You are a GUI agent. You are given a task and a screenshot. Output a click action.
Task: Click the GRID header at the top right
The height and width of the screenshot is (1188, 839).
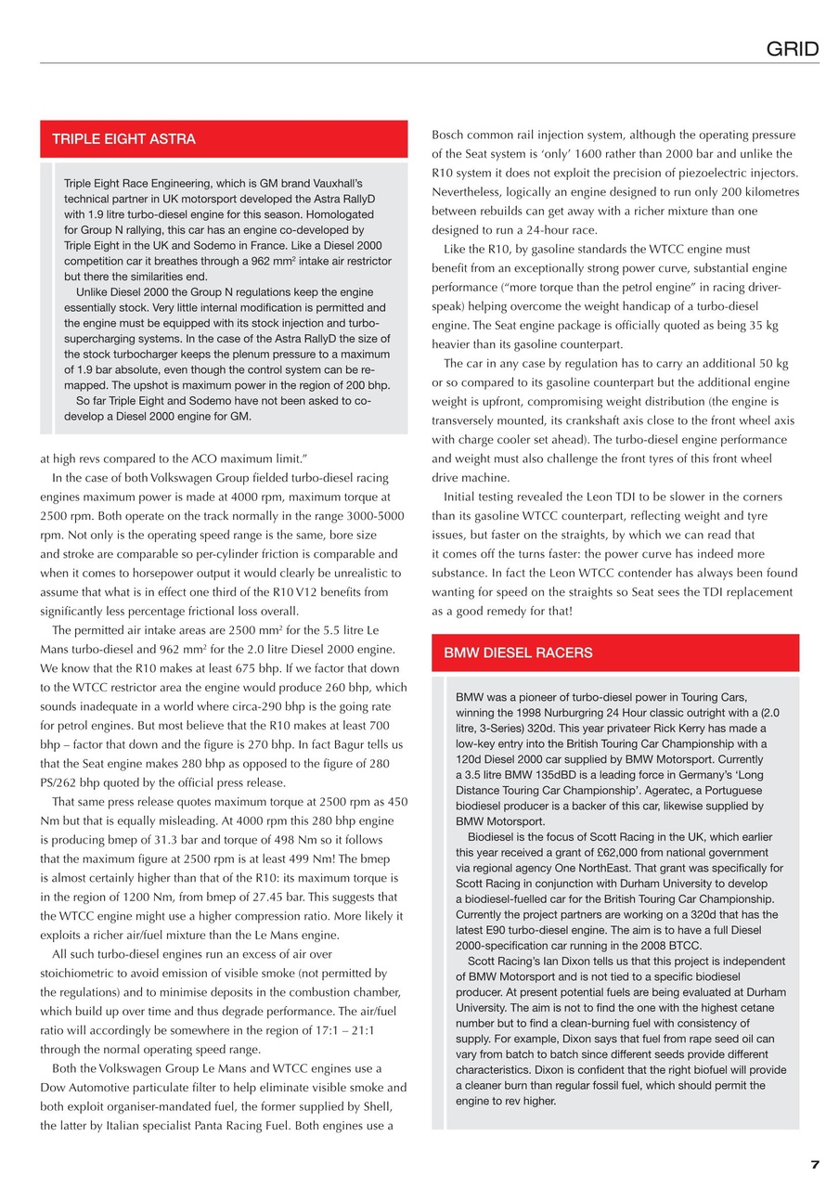tap(792, 48)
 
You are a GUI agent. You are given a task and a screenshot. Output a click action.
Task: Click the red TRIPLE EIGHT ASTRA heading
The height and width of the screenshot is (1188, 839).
tap(123, 139)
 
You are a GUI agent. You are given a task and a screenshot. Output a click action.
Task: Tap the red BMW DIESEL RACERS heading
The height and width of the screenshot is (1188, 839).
tap(518, 652)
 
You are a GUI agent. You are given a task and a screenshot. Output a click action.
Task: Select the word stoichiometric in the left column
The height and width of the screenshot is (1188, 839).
tap(83, 974)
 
